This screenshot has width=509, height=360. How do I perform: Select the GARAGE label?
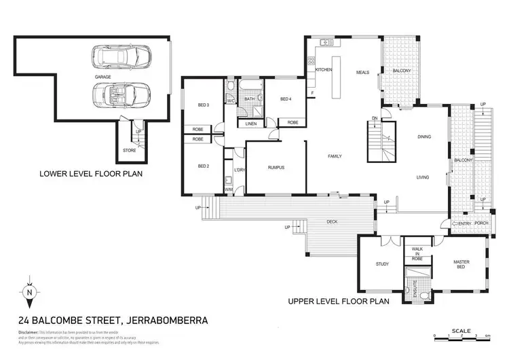coord(102,77)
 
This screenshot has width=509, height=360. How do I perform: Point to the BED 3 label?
coord(203,105)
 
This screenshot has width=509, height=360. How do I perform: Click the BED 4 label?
coord(285,100)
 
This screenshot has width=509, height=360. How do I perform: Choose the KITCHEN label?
coord(323,70)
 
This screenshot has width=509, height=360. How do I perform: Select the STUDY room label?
coord(381,264)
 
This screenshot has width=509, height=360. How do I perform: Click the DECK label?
coord(331,220)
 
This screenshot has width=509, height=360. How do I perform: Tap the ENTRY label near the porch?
coord(465,223)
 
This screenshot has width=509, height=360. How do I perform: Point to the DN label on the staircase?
coord(374,118)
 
